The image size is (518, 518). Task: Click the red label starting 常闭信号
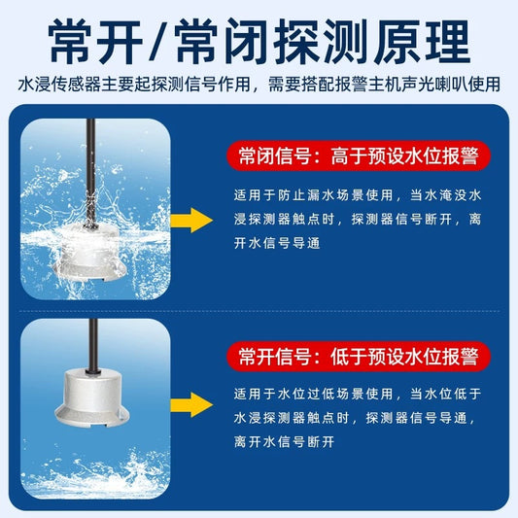(359, 155)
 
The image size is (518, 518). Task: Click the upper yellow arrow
(191, 220)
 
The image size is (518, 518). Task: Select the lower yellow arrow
(191, 403)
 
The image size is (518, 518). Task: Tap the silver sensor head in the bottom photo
(92, 395)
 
